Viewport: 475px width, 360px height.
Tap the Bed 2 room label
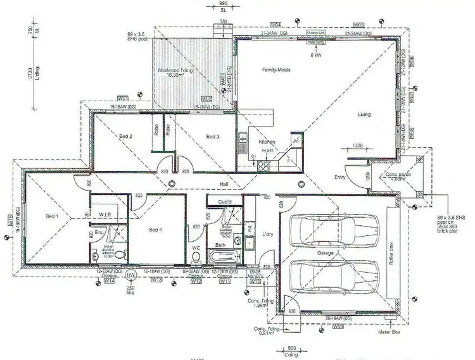point(125,136)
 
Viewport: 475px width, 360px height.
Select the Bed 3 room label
point(212,136)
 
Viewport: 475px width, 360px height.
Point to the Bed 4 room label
point(155,229)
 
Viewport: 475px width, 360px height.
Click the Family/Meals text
point(276,70)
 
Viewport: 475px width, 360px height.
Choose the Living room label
point(364,115)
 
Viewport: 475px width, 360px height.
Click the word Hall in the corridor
point(223,183)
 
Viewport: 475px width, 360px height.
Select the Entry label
point(340,177)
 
